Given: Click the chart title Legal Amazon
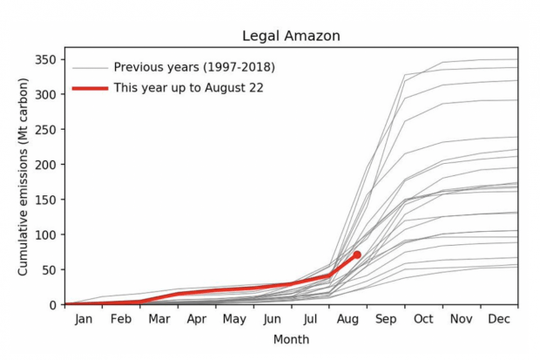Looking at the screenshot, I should (290, 36).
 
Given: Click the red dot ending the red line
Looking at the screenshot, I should (357, 255).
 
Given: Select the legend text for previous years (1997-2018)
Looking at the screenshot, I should (194, 67).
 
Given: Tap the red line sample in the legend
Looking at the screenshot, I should (91, 88).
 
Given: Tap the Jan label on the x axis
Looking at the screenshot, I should (84, 319).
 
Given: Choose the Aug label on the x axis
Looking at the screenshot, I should (348, 319).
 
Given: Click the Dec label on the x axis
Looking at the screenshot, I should (498, 319).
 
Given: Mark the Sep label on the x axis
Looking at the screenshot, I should (386, 319).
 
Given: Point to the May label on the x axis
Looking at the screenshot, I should (234, 319).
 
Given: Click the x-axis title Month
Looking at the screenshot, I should (290, 339).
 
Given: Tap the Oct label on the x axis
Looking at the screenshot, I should (423, 319).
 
